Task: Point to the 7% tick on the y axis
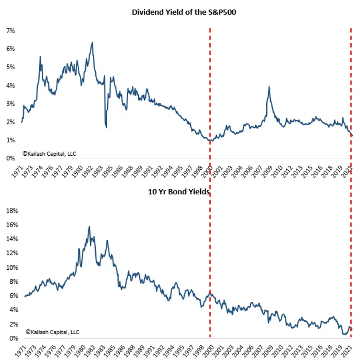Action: [10, 30]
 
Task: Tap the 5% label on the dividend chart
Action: [10, 67]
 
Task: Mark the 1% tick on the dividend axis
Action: [10, 140]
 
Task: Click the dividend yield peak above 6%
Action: [92, 42]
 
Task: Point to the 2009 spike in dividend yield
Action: [269, 87]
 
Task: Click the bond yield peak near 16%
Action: [89, 227]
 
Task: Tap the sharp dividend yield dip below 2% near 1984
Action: [106, 127]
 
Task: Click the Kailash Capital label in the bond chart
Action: [52, 332]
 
